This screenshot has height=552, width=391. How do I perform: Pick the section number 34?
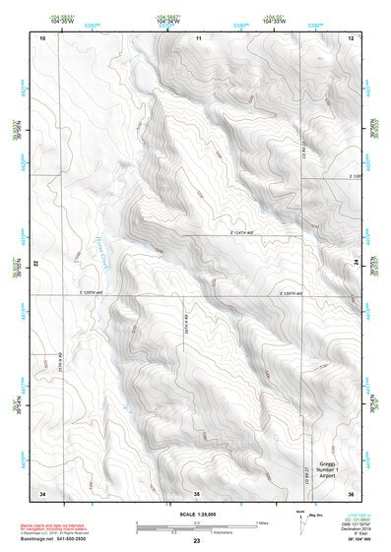[x=42, y=492]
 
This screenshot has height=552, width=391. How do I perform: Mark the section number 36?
[x=351, y=492]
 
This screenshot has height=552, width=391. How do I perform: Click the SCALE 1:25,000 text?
[x=196, y=514]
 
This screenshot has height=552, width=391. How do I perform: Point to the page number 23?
[x=196, y=542]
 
